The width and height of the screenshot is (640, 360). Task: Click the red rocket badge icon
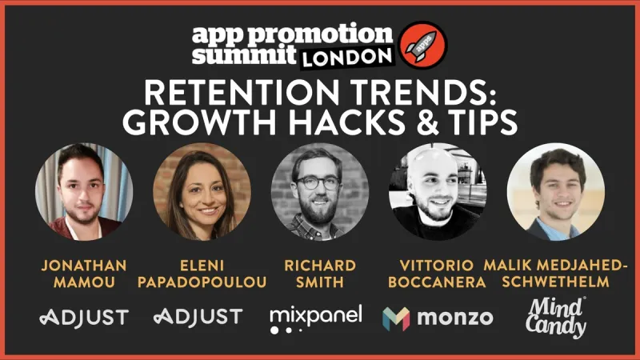423,43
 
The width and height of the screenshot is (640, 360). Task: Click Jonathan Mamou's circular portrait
84,192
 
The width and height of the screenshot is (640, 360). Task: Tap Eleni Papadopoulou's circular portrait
202,192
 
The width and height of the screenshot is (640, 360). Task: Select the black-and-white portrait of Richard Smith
320,192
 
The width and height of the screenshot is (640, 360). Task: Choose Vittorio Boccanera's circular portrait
437,192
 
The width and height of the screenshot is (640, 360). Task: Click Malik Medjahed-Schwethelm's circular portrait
555,192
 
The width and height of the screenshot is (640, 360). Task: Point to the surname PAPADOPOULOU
202,283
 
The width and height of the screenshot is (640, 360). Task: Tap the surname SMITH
320,283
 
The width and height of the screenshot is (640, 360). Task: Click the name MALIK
507,265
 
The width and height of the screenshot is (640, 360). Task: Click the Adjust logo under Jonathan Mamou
84,317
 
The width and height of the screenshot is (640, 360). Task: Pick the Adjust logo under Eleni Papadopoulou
198,317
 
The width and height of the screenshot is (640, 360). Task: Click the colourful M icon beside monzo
397,318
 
